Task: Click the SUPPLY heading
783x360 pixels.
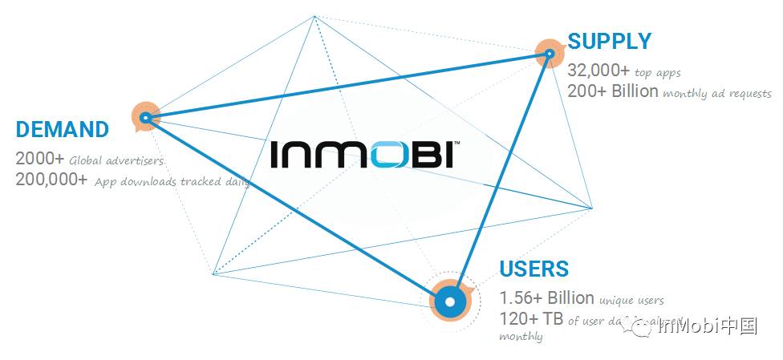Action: point(609,41)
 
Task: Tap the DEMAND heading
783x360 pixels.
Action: point(62,130)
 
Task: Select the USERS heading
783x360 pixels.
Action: point(533,269)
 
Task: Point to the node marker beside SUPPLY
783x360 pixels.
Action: point(550,54)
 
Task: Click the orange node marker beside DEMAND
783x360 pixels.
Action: point(145,117)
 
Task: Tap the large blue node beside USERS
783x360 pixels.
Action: point(450,301)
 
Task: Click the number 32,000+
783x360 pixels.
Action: point(598,71)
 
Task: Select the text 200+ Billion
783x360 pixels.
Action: point(613,91)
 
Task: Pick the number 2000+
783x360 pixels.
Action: point(39,158)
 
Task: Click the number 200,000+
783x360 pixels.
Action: point(51,179)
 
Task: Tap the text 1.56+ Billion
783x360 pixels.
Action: point(546,297)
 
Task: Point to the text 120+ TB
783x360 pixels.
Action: point(531,318)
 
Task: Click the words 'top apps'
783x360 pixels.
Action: point(657,73)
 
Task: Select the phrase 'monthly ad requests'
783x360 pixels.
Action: point(717,93)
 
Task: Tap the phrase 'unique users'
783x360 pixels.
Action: point(631,301)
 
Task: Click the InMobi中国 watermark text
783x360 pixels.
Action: point(706,326)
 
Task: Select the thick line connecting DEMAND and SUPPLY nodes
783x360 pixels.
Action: point(345,86)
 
